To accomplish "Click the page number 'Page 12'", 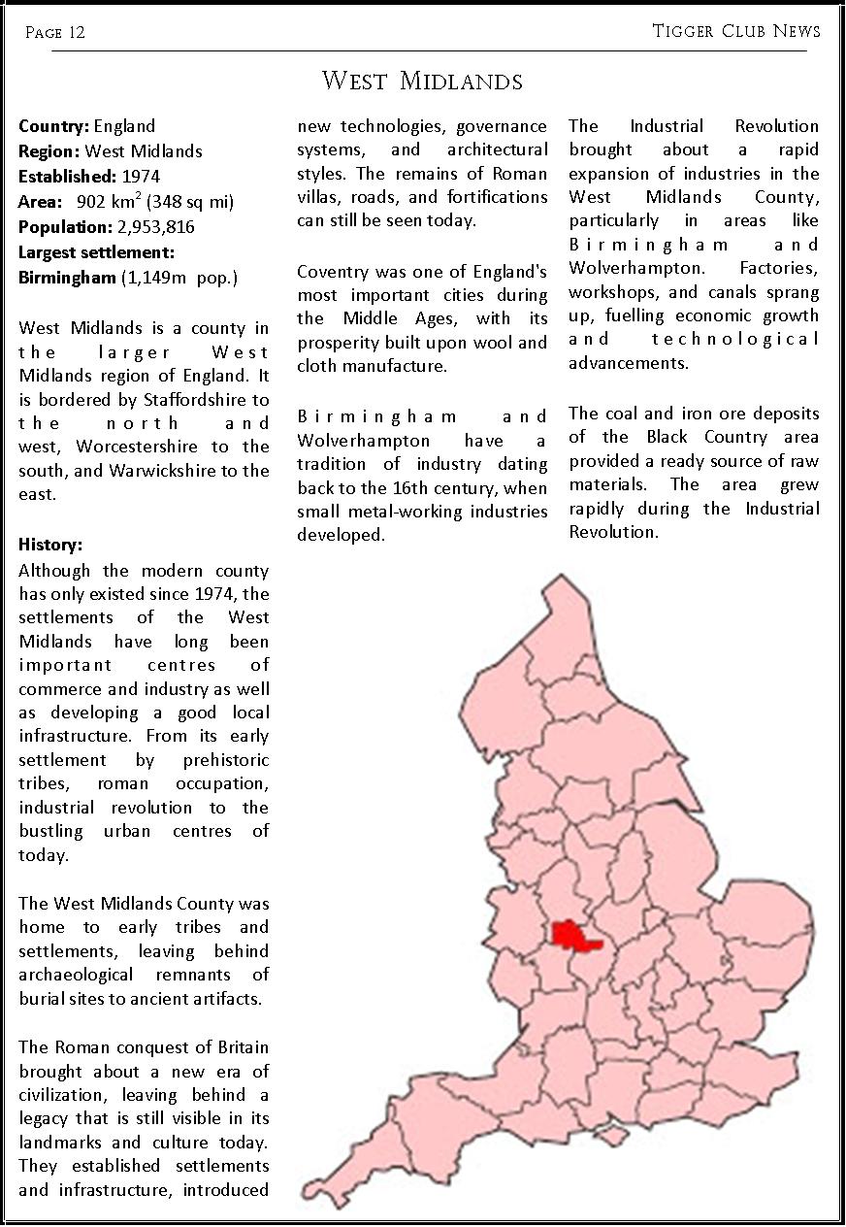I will coord(55,32).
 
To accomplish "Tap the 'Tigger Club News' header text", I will coord(736,31).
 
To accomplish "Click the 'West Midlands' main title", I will coord(422,81).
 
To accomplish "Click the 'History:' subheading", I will coord(50,545).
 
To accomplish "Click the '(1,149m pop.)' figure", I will coord(179,278).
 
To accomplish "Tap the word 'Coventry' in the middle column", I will coord(331,272).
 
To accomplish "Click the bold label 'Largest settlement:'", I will coord(96,252).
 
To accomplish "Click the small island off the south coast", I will coord(608,1135).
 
